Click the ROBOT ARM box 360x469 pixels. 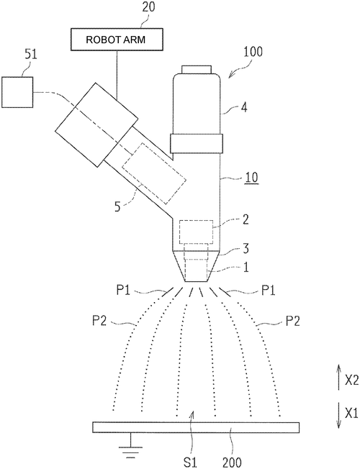click(x=117, y=39)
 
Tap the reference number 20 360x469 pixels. click(x=148, y=6)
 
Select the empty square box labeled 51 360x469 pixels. click(x=17, y=92)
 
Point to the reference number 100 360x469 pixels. click(x=253, y=52)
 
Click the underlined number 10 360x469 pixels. click(x=251, y=178)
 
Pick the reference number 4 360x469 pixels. click(x=244, y=107)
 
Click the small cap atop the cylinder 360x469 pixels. click(x=197, y=69)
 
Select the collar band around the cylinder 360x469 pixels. click(x=197, y=144)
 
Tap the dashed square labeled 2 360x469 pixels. click(x=196, y=232)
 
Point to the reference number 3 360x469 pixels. click(x=246, y=249)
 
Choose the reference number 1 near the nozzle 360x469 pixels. click(x=246, y=268)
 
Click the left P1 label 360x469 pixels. click(x=123, y=290)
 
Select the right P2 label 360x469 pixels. click(x=292, y=322)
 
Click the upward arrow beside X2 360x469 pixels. click(x=338, y=377)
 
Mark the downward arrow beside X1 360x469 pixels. click(x=338, y=414)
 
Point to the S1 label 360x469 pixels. click(x=191, y=463)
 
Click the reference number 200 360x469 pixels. click(x=232, y=463)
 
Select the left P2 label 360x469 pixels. click(x=99, y=322)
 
